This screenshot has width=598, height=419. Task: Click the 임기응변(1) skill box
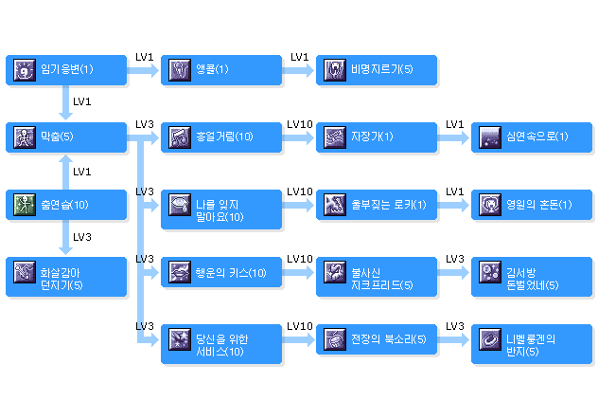pyautogui.click(x=65, y=69)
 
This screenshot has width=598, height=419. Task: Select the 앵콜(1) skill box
pyautogui.click(x=220, y=69)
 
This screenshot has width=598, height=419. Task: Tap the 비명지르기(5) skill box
pyautogui.click(x=376, y=69)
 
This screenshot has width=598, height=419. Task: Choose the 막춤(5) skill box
pyautogui.click(x=65, y=137)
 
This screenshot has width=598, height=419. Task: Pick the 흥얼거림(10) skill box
pyautogui.click(x=220, y=137)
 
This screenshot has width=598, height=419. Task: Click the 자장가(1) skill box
pyautogui.click(x=376, y=137)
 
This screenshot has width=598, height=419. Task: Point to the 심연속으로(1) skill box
pyautogui.click(x=532, y=137)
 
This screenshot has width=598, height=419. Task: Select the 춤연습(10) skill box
pyautogui.click(x=65, y=204)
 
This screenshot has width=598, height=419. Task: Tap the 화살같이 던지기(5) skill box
pyautogui.click(x=65, y=271)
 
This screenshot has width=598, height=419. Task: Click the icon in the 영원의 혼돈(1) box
pyautogui.click(x=490, y=204)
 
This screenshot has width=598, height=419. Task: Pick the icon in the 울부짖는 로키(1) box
pyautogui.click(x=335, y=204)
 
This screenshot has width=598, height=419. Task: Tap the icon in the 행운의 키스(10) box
pyautogui.click(x=180, y=271)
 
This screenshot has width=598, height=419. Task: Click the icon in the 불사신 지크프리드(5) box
pyautogui.click(x=335, y=271)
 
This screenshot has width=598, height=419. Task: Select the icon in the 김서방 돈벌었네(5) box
pyautogui.click(x=490, y=271)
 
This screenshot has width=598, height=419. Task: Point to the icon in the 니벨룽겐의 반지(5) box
pyautogui.click(x=490, y=338)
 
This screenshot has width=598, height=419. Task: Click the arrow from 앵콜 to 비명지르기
pyautogui.click(x=299, y=69)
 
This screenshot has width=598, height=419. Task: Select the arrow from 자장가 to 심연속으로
pyautogui.click(x=454, y=137)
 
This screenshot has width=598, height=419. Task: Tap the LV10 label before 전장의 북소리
pyautogui.click(x=299, y=326)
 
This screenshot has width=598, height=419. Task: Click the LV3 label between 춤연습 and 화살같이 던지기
pyautogui.click(x=82, y=237)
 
